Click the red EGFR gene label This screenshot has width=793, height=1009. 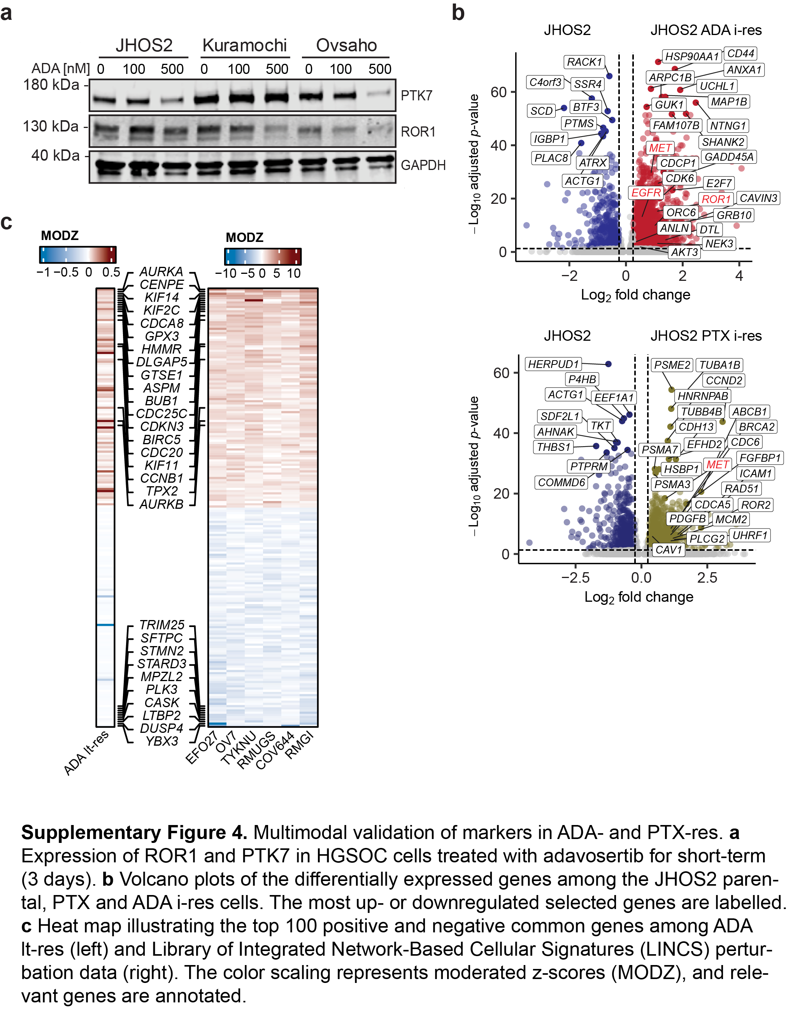(x=646, y=192)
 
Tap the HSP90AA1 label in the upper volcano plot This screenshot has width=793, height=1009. (x=692, y=56)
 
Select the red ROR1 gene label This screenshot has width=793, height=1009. (x=716, y=199)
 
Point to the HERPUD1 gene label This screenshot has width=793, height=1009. (x=553, y=364)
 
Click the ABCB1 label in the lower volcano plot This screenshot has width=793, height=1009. (x=749, y=411)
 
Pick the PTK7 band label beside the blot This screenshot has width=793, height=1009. (x=416, y=96)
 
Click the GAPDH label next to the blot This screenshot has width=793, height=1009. (x=423, y=165)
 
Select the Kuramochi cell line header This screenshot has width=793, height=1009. (x=245, y=46)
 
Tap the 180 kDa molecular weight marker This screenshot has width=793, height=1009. (x=51, y=85)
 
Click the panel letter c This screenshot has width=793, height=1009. (x=7, y=222)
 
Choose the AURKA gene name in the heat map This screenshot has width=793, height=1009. (x=161, y=271)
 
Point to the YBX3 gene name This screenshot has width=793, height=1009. (x=161, y=741)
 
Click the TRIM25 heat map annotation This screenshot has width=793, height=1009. (x=162, y=624)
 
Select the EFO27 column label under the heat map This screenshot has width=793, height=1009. (x=202, y=747)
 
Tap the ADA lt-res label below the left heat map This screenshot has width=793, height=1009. (x=86, y=752)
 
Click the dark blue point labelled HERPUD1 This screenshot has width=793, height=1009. (x=608, y=364)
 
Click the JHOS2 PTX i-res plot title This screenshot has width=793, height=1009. (x=706, y=336)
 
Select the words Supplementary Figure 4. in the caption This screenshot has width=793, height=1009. (x=134, y=833)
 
